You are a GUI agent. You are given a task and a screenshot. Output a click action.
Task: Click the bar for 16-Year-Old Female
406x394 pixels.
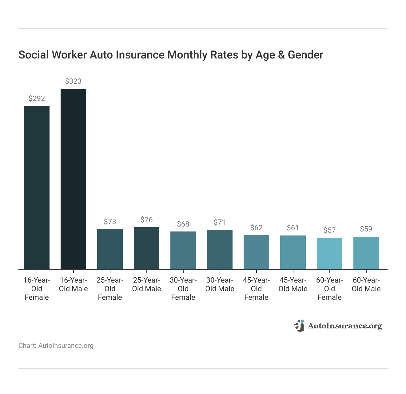37,188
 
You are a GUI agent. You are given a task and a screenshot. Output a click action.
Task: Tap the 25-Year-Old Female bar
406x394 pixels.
110,249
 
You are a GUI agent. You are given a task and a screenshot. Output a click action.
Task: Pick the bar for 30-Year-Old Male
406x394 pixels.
220,250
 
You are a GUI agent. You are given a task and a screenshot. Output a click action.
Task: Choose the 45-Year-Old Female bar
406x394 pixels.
256,252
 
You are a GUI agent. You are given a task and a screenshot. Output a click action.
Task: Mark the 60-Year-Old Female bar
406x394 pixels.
329,254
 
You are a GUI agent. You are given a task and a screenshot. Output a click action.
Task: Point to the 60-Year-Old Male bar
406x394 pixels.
366,253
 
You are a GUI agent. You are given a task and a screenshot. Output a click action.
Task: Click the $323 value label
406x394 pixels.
73,81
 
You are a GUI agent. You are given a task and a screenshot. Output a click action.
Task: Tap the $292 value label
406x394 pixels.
37,98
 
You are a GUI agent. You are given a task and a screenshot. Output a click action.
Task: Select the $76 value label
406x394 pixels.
146,220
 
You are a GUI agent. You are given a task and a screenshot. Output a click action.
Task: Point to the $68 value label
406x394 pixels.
183,224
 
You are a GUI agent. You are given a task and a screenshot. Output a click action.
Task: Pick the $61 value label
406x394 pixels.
293,228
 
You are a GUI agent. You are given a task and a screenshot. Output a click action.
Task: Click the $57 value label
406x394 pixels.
329,230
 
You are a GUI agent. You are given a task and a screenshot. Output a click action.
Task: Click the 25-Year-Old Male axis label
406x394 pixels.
146,284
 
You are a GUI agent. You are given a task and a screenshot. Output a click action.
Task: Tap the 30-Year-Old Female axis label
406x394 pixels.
183,289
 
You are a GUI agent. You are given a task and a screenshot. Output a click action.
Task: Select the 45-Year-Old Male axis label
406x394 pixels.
293,284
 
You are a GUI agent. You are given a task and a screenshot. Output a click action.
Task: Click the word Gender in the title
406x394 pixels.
305,55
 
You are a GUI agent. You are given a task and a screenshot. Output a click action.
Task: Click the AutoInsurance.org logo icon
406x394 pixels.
299,326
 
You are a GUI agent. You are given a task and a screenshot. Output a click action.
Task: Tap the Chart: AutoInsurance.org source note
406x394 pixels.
56,346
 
